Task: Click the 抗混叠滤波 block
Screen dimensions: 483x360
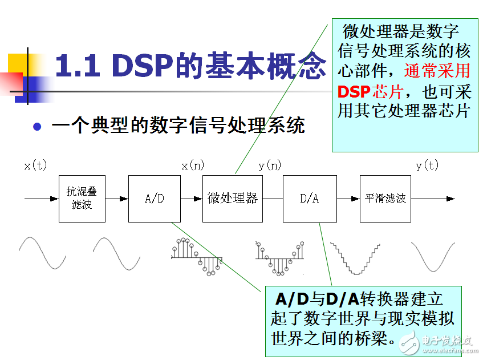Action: point(82,199)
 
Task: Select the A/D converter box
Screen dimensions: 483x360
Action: point(155,199)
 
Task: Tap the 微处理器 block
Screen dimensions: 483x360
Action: point(233,199)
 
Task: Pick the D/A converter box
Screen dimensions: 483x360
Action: point(310,199)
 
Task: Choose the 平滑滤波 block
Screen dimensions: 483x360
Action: point(385,199)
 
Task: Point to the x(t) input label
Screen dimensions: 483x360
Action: point(35,165)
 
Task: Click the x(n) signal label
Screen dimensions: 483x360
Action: point(193,165)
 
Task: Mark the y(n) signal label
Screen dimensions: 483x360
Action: point(270,165)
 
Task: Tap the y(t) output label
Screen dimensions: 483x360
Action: point(427,165)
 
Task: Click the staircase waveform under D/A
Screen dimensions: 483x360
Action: point(355,258)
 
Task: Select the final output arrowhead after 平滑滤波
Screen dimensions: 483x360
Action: point(450,199)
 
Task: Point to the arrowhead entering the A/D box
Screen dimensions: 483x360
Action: point(124,199)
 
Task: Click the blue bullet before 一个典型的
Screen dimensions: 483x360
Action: point(37,126)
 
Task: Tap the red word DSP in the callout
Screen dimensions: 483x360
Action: point(354,91)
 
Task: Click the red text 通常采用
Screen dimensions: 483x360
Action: point(437,71)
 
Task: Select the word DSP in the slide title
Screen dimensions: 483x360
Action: point(143,65)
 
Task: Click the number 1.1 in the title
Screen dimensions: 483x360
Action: point(78,66)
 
